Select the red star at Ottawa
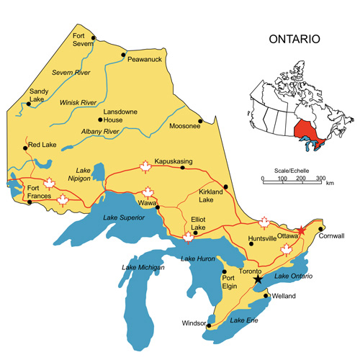coord(301,230)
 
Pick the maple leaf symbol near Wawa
coord(148,192)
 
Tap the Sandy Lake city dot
coord(29,104)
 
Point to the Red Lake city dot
coord(26,148)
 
